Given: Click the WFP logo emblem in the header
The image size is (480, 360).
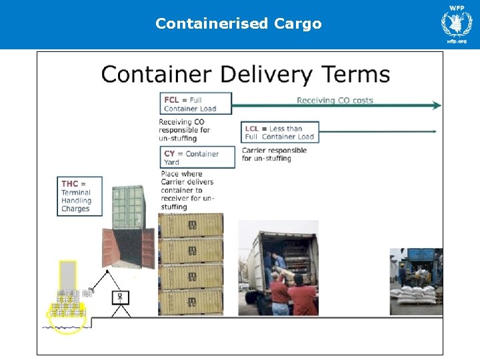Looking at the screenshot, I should pyautogui.click(x=456, y=23).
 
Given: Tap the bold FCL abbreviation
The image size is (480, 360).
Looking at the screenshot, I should pyautogui.click(x=171, y=100).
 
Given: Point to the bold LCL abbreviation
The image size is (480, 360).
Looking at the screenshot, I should pyautogui.click(x=252, y=129).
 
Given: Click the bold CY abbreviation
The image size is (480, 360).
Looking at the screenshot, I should pyautogui.click(x=170, y=154).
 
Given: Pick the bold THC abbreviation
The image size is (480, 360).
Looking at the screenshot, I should pyautogui.click(x=70, y=184).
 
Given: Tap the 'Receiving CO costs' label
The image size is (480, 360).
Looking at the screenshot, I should pyautogui.click(x=335, y=101).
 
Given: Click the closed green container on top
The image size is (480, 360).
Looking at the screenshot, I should pyautogui.click(x=129, y=207).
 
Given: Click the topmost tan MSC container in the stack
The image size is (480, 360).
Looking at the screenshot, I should pyautogui.click(x=191, y=225).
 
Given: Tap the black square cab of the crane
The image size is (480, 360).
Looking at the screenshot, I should pyautogui.click(x=121, y=297).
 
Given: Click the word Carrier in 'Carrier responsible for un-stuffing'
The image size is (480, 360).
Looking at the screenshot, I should pyautogui.click(x=256, y=151).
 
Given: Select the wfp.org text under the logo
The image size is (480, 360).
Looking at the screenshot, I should pyautogui.click(x=457, y=41).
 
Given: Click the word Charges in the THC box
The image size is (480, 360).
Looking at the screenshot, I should pyautogui.click(x=75, y=209).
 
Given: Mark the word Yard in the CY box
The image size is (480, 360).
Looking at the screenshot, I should pyautogui.click(x=171, y=163).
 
